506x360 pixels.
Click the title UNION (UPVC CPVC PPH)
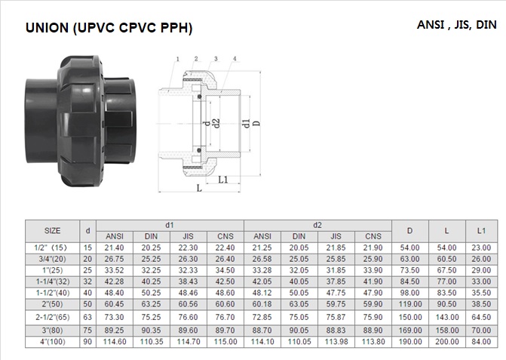point(109,28)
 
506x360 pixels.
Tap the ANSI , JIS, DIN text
point(457,25)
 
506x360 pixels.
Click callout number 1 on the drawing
point(177,59)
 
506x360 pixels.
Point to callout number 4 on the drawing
point(235,59)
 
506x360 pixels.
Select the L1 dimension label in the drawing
point(223,180)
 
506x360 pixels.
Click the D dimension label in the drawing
point(257,123)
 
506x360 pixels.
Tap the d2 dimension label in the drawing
point(216,123)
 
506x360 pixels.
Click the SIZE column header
point(52,230)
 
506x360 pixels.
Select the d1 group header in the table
point(170,225)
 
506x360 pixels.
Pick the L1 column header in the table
point(481,230)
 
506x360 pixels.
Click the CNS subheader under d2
point(373,236)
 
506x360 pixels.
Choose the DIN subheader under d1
point(151,236)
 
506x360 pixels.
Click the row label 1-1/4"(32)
point(53,282)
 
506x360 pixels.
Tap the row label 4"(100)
point(53,342)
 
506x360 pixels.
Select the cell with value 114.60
point(114,342)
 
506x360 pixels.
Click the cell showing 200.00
point(447,342)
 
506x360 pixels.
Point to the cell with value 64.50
point(481,317)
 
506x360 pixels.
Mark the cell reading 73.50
point(409,270)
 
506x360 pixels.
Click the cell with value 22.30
point(188,248)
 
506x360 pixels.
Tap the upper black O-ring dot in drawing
point(199,97)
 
